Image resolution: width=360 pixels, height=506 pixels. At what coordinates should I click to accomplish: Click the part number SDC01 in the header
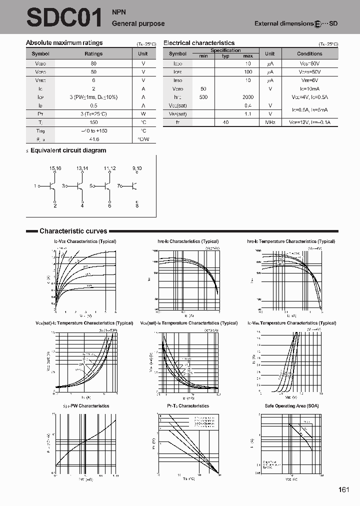64,17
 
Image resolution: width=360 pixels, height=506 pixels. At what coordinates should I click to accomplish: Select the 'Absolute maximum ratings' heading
64,43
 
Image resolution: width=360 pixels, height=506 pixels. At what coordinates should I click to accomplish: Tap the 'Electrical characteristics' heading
199,43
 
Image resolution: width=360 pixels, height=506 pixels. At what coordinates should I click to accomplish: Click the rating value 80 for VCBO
93,63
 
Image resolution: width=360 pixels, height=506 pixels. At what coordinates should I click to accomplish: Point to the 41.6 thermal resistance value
93,139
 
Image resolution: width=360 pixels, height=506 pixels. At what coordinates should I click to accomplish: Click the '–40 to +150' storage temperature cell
93,130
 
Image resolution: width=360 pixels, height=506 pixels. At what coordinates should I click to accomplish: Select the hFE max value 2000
248,97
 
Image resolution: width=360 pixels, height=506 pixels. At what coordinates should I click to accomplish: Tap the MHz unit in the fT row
270,122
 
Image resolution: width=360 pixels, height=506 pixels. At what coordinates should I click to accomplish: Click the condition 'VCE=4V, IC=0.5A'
309,97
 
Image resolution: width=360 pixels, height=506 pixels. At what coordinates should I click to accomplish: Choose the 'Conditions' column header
309,53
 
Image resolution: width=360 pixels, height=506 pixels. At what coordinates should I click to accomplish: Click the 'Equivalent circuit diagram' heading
68,150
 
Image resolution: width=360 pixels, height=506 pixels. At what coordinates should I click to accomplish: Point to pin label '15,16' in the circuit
55,168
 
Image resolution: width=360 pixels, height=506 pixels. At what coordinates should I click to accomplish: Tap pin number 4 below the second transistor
82,205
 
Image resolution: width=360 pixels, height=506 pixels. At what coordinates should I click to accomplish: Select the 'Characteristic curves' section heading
73,231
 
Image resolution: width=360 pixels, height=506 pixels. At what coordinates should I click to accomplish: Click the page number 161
343,489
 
